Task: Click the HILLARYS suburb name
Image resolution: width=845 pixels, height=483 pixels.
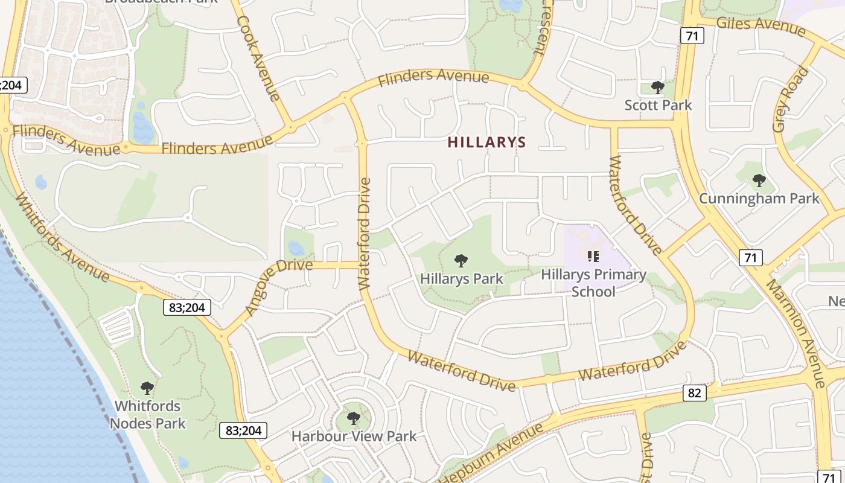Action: click(x=487, y=142)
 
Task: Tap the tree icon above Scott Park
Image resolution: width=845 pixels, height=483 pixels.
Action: click(x=658, y=88)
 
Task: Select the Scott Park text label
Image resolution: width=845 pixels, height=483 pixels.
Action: click(x=658, y=105)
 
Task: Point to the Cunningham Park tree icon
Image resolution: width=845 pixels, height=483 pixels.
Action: click(x=759, y=180)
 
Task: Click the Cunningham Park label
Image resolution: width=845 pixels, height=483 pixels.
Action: click(x=759, y=198)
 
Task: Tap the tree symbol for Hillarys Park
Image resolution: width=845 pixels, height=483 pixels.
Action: click(x=461, y=261)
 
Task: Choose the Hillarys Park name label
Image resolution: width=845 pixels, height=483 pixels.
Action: click(x=461, y=279)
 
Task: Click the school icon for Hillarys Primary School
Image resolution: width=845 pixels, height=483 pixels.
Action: click(x=593, y=257)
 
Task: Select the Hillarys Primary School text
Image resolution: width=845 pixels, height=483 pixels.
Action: click(x=593, y=283)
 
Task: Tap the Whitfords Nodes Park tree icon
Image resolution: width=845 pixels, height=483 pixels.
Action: click(x=147, y=388)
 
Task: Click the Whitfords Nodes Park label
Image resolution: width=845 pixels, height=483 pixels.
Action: click(x=148, y=414)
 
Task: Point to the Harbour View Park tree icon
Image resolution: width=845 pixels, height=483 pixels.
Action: click(x=354, y=418)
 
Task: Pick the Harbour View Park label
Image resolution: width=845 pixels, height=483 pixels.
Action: click(x=354, y=436)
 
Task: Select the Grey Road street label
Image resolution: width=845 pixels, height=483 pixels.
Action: click(x=790, y=100)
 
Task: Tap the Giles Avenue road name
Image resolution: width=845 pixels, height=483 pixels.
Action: click(x=760, y=25)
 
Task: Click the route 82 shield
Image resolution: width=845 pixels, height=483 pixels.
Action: click(x=695, y=393)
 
